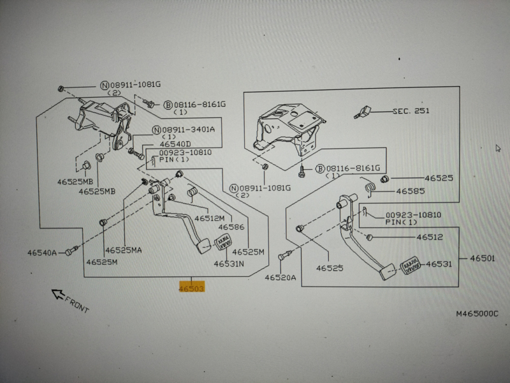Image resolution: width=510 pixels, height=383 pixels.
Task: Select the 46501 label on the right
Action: (x=483, y=258)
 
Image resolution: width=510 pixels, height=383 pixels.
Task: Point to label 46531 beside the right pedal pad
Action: (x=439, y=263)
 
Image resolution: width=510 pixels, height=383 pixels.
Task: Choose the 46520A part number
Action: (x=281, y=278)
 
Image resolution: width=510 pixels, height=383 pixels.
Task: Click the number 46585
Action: (x=411, y=190)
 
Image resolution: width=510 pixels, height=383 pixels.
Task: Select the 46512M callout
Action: (x=209, y=218)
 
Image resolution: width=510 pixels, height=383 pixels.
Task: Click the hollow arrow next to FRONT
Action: (x=58, y=295)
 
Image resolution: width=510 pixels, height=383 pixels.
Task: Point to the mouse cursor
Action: (x=499, y=148)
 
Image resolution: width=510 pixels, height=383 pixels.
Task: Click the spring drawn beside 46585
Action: (x=369, y=188)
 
